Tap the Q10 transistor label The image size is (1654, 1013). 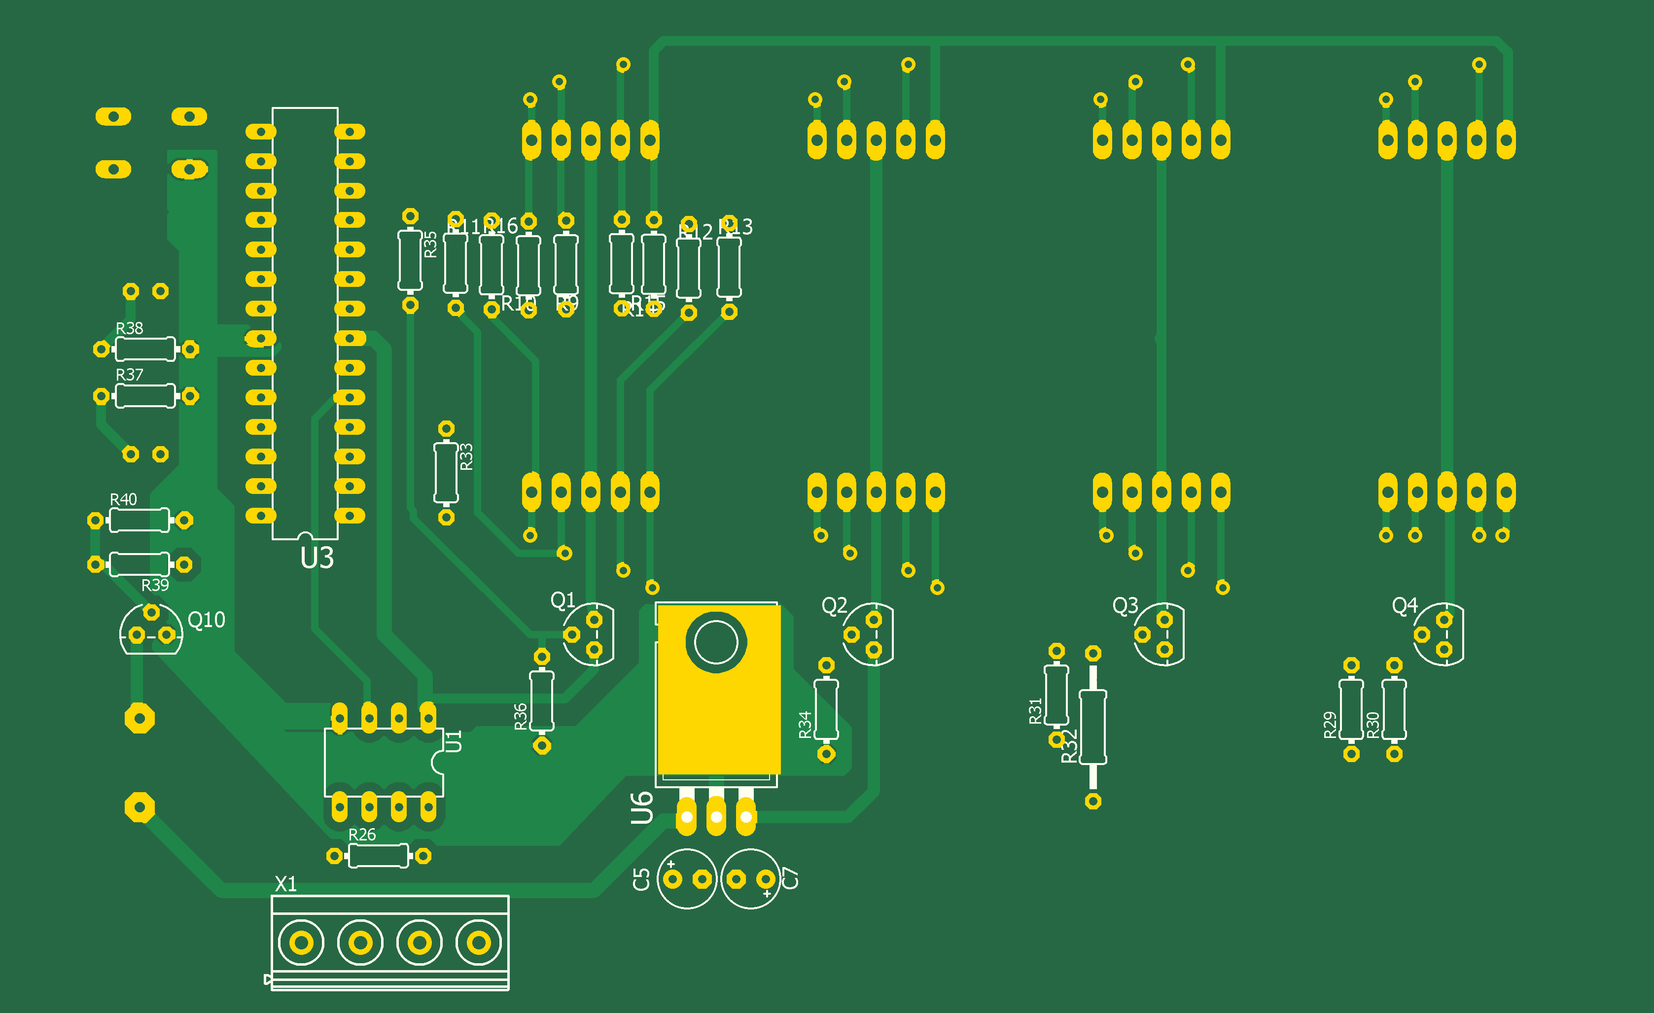[206, 620]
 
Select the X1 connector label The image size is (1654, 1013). [286, 883]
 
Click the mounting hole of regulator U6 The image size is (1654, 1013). [715, 642]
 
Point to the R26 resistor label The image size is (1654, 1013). [362, 835]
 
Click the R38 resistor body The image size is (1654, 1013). [145, 349]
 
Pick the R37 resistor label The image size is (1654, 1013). [130, 375]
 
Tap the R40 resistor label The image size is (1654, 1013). [124, 499]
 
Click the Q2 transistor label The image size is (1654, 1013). [834, 605]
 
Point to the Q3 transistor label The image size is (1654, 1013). [1125, 605]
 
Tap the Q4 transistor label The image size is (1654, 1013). [1404, 605]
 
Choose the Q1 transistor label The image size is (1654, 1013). [563, 599]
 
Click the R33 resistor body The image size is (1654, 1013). [446, 473]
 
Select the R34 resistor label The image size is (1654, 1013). [805, 725]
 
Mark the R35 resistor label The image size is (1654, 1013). [430, 245]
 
